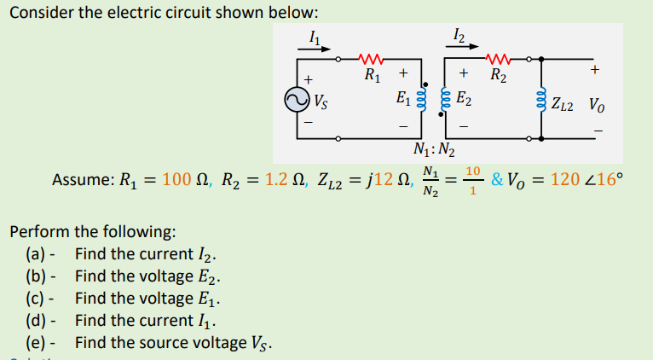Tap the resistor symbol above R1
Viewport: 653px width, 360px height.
[x=372, y=61]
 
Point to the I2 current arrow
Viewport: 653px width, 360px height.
[x=461, y=48]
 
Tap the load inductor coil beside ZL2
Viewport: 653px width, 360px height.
[x=541, y=102]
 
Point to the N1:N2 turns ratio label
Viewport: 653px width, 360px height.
[x=433, y=153]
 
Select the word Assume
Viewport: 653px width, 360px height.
[x=80, y=180]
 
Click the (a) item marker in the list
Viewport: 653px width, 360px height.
[x=38, y=253]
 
